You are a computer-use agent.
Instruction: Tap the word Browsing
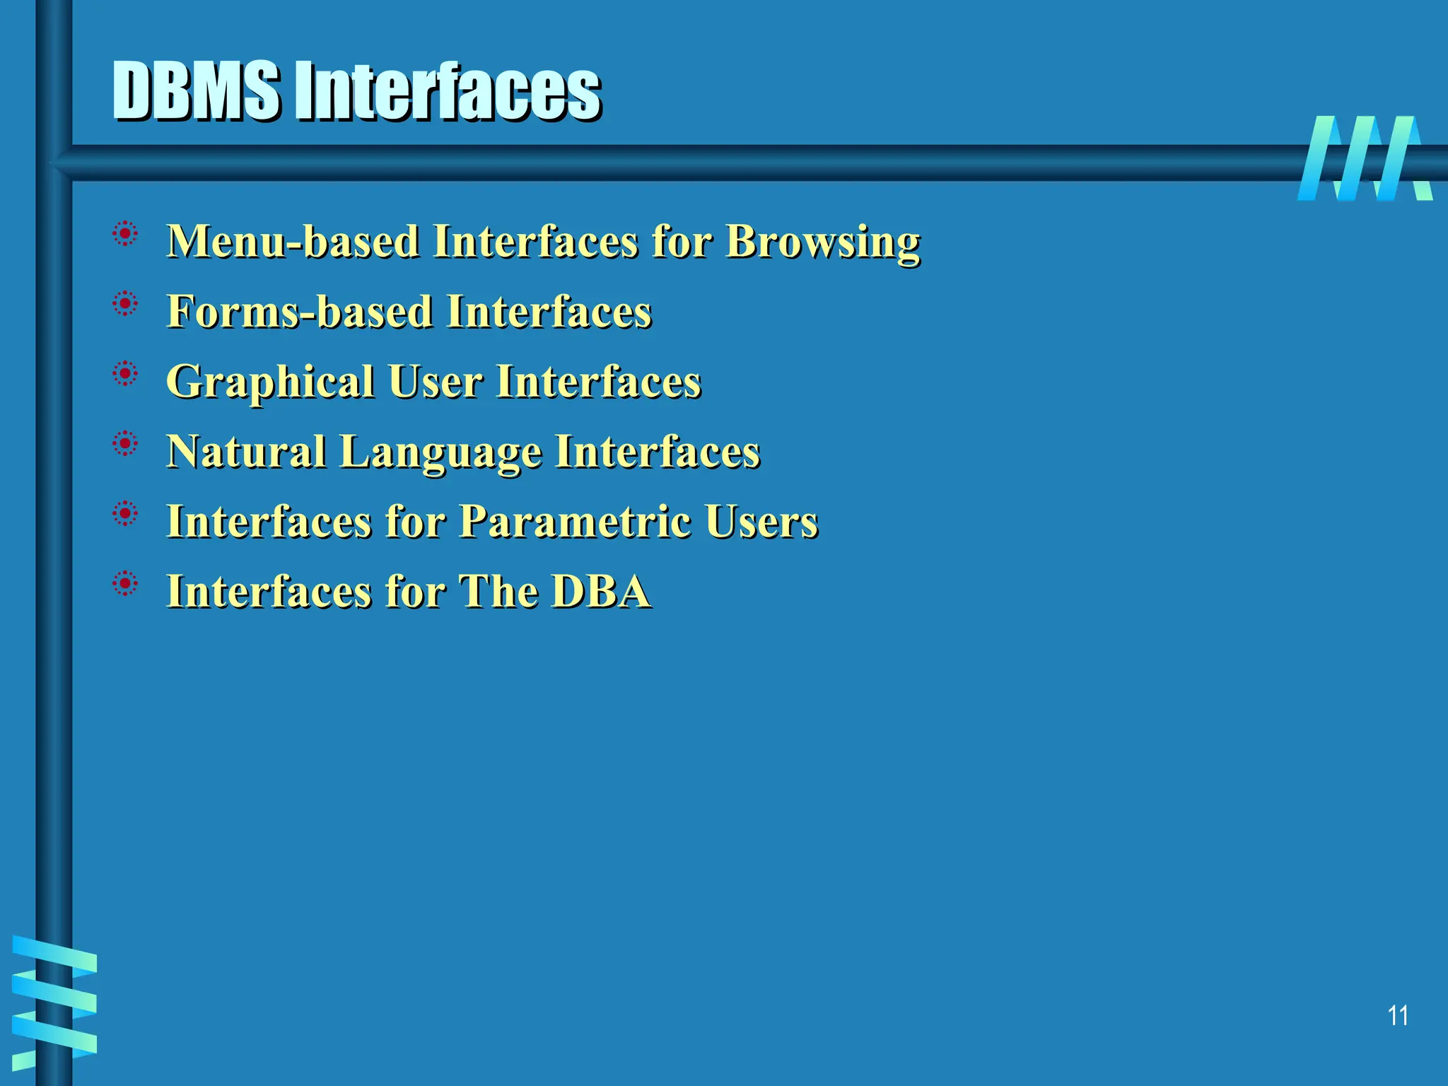pyautogui.click(x=823, y=243)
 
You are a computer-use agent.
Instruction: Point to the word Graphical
pyautogui.click(x=269, y=383)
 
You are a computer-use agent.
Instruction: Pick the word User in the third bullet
pyautogui.click(x=436, y=382)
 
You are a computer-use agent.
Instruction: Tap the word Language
pyautogui.click(x=440, y=452)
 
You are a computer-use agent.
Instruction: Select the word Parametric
pyautogui.click(x=576, y=522)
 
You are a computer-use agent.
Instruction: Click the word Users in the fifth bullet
pyautogui.click(x=761, y=522)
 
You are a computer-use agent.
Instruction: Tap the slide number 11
pyautogui.click(x=1397, y=1016)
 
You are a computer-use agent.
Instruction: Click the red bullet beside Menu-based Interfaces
pyautogui.click(x=125, y=233)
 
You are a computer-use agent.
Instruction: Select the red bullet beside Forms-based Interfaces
pyautogui.click(x=125, y=304)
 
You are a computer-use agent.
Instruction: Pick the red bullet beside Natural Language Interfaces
pyautogui.click(x=125, y=444)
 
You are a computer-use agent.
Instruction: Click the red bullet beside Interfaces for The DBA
pyautogui.click(x=125, y=584)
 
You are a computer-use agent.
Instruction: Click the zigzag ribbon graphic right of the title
pyautogui.click(x=1365, y=158)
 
